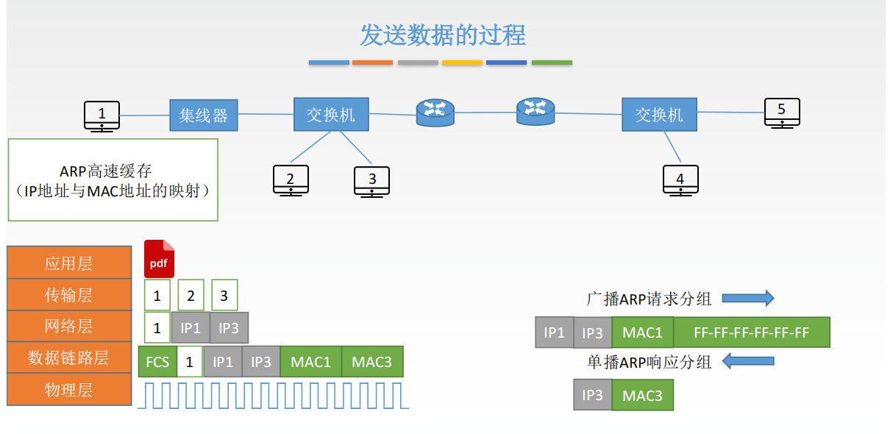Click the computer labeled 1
(102, 116)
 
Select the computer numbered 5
(782, 113)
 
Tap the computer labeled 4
(680, 180)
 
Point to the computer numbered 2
(291, 180)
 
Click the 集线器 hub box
(203, 115)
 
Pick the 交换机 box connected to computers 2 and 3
(331, 114)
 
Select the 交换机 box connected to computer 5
(659, 114)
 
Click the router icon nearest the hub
(435, 113)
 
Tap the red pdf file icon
(159, 259)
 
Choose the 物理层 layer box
(69, 389)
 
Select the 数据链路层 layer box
(69, 357)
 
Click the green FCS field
(157, 361)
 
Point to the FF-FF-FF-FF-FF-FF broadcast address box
(752, 332)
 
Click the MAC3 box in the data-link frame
(372, 361)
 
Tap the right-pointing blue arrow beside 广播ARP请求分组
(748, 299)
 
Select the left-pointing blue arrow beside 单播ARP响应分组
(748, 361)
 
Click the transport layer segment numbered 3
(224, 295)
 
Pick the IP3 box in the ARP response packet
(592, 395)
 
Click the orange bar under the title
(372, 63)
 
